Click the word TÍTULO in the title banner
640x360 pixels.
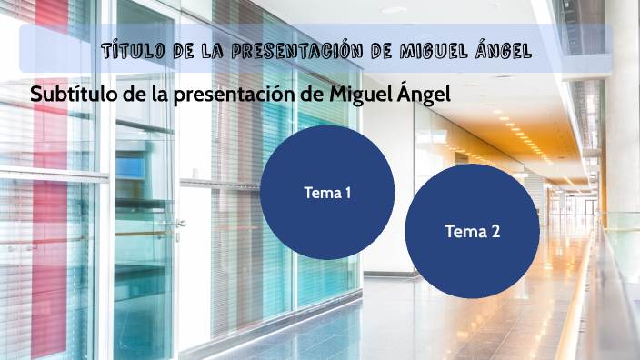pyautogui.click(x=132, y=49)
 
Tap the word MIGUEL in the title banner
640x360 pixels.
pyautogui.click(x=437, y=49)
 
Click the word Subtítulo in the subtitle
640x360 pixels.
pyautogui.click(x=69, y=95)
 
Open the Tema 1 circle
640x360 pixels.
pyautogui.click(x=327, y=193)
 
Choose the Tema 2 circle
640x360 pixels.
pyautogui.click(x=473, y=232)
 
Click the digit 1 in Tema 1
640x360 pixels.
pyautogui.click(x=347, y=193)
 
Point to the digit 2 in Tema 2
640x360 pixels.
pyautogui.click(x=495, y=232)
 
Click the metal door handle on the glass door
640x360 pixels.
pyautogui.click(x=181, y=223)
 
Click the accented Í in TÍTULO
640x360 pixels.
pyautogui.click(x=116, y=48)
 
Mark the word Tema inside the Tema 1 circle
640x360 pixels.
pyautogui.click(x=321, y=193)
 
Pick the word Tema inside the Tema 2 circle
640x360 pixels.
pyautogui.click(x=465, y=232)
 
